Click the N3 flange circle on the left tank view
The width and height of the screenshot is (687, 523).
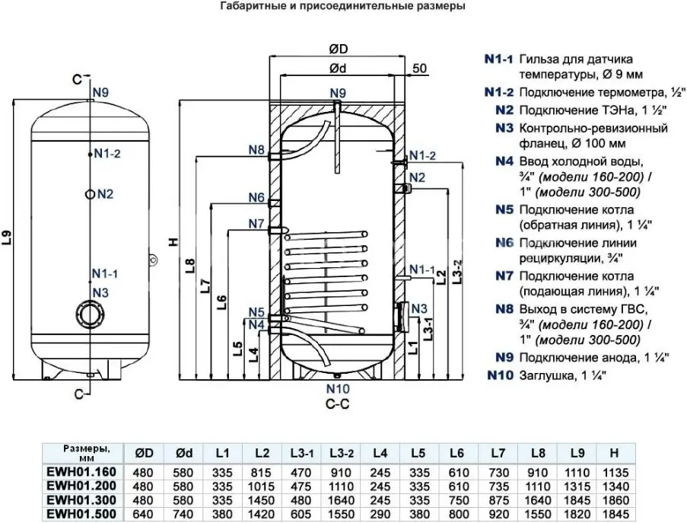tap(91, 314)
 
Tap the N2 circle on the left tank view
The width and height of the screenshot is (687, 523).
tap(91, 194)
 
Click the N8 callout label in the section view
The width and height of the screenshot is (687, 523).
tap(256, 149)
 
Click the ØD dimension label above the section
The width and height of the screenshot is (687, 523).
tap(338, 49)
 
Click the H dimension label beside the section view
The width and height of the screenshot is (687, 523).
tap(172, 242)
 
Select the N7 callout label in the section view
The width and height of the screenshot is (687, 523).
tap(256, 224)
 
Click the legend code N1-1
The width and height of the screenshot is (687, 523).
tap(498, 59)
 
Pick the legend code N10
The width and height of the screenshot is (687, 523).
tap(501, 375)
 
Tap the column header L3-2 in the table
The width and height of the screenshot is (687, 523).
tap(341, 453)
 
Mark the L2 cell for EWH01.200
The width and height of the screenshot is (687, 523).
tap(262, 486)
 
